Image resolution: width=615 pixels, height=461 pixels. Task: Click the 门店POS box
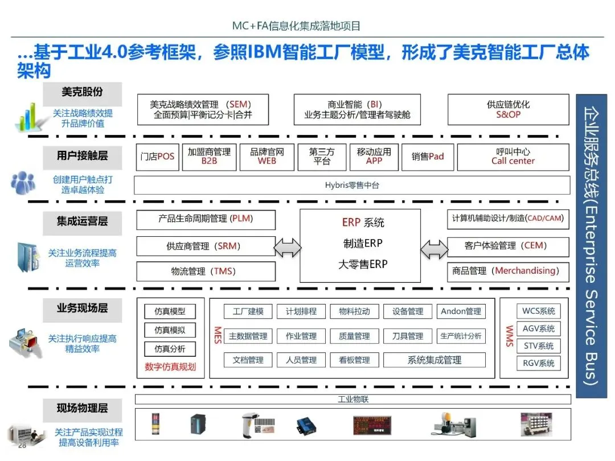pyautogui.click(x=158, y=157)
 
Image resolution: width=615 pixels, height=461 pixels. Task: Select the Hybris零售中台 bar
pyautogui.click(x=352, y=185)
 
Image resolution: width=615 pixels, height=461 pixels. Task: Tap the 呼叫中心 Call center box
pyautogui.click(x=513, y=157)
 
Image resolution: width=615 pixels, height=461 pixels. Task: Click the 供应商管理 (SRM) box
pyautogui.click(x=206, y=246)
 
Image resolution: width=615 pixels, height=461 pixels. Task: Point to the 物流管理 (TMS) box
pyautogui.click(x=206, y=271)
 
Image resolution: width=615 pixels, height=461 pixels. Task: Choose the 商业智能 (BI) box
pyautogui.click(x=357, y=110)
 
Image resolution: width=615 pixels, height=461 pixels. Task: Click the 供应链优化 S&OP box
pyautogui.click(x=508, y=110)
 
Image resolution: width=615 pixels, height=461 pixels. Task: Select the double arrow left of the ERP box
pyautogui.click(x=288, y=248)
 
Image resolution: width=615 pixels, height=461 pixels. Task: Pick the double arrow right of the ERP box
pyautogui.click(x=434, y=248)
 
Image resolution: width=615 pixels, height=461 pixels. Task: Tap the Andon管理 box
pyautogui.click(x=461, y=311)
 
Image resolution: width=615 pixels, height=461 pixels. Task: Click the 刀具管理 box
pyautogui.click(x=407, y=336)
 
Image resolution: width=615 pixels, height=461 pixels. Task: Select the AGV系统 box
pyautogui.click(x=538, y=329)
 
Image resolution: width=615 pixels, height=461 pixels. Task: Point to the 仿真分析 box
pyautogui.click(x=170, y=349)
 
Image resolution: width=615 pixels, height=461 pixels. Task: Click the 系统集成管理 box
pyautogui.click(x=434, y=360)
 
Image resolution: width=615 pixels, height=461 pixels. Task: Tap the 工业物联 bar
pyautogui.click(x=352, y=399)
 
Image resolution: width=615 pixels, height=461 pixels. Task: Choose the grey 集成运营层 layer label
pyautogui.click(x=82, y=221)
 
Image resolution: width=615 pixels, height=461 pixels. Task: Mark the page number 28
pyautogui.click(x=22, y=445)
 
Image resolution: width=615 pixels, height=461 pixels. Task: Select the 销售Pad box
pyautogui.click(x=428, y=157)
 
